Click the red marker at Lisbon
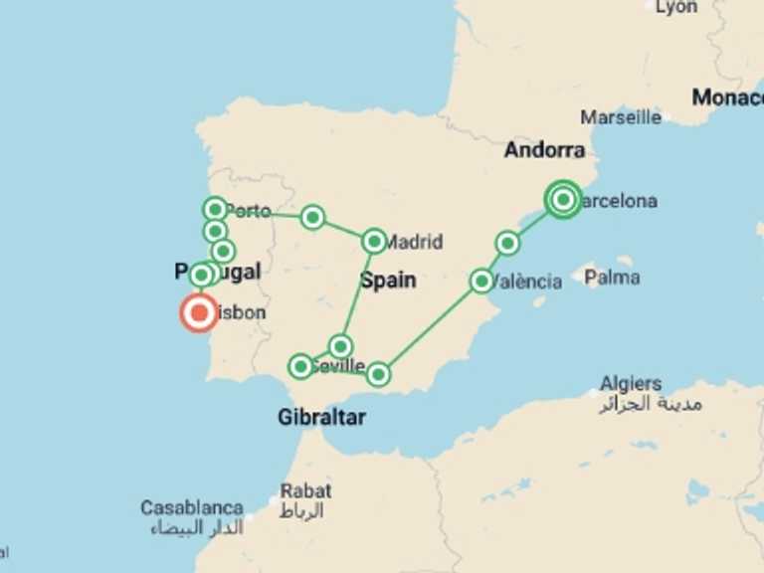pyautogui.click(x=199, y=313)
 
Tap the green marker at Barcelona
pyautogui.click(x=563, y=200)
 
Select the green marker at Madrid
pyautogui.click(x=374, y=241)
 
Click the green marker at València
pyautogui.click(x=481, y=281)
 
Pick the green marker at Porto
pyautogui.click(x=215, y=209)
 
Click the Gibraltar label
pyautogui.click(x=321, y=417)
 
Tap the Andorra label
pyautogui.click(x=544, y=150)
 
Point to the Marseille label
pyautogui.click(x=621, y=117)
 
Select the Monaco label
pyautogui.click(x=728, y=97)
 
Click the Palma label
pyautogui.click(x=612, y=278)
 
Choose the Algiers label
pyautogui.click(x=631, y=384)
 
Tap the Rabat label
pyautogui.click(x=305, y=490)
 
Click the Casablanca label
pyautogui.click(x=192, y=508)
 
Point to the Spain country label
pyautogui.click(x=388, y=281)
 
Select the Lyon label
pyautogui.click(x=677, y=7)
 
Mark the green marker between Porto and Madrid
pyautogui.click(x=312, y=217)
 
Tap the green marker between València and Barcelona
pyautogui.click(x=507, y=243)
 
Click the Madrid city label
pyautogui.click(x=414, y=241)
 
